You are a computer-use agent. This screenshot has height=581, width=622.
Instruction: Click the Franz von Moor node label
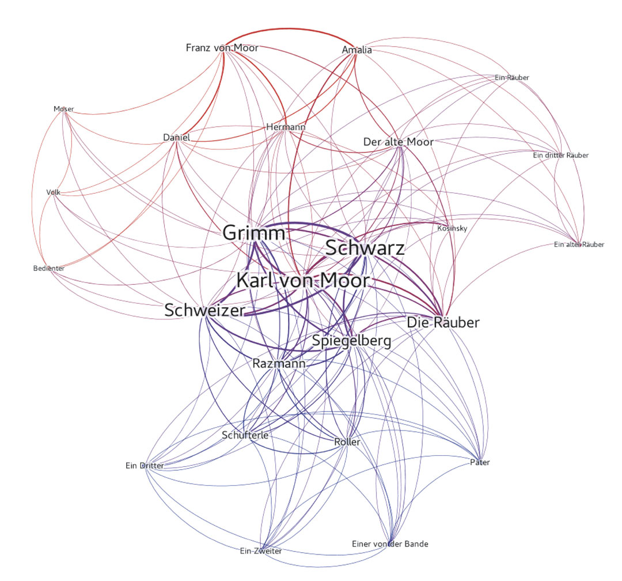pyautogui.click(x=222, y=48)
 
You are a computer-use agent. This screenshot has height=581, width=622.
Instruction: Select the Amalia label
pyautogui.click(x=357, y=50)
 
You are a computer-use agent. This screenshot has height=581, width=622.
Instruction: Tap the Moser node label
pyautogui.click(x=64, y=109)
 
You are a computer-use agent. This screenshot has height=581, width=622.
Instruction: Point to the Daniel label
pyautogui.click(x=177, y=137)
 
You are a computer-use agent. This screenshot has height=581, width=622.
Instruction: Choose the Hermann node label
pyautogui.click(x=286, y=127)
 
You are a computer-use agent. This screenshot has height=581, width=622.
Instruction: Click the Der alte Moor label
pyautogui.click(x=399, y=142)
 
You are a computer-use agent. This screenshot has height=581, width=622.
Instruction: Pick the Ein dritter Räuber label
pyautogui.click(x=560, y=155)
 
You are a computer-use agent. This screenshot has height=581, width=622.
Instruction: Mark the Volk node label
pyautogui.click(x=54, y=192)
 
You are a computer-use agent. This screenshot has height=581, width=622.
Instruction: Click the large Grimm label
pyautogui.click(x=254, y=233)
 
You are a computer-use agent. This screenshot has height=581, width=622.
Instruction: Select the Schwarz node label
pyautogui.click(x=365, y=248)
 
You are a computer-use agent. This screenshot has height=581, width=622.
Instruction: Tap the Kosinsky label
pyautogui.click(x=452, y=228)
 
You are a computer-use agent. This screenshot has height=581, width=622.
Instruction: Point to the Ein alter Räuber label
pyautogui.click(x=579, y=244)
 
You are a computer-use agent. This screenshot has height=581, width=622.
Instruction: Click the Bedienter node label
pyautogui.click(x=49, y=269)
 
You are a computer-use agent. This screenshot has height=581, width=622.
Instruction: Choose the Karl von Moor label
pyautogui.click(x=303, y=281)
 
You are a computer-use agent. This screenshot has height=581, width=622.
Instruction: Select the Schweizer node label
pyautogui.click(x=205, y=310)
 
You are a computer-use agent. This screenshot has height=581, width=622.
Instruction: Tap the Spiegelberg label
pyautogui.click(x=352, y=341)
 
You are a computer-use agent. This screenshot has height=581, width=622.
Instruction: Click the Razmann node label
pyautogui.click(x=279, y=363)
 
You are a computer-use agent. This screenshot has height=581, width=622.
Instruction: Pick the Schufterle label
pyautogui.click(x=245, y=435)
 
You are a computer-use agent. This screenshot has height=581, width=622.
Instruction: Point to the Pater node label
pyautogui.click(x=480, y=462)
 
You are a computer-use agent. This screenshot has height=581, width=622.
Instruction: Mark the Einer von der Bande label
pyautogui.click(x=390, y=544)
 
